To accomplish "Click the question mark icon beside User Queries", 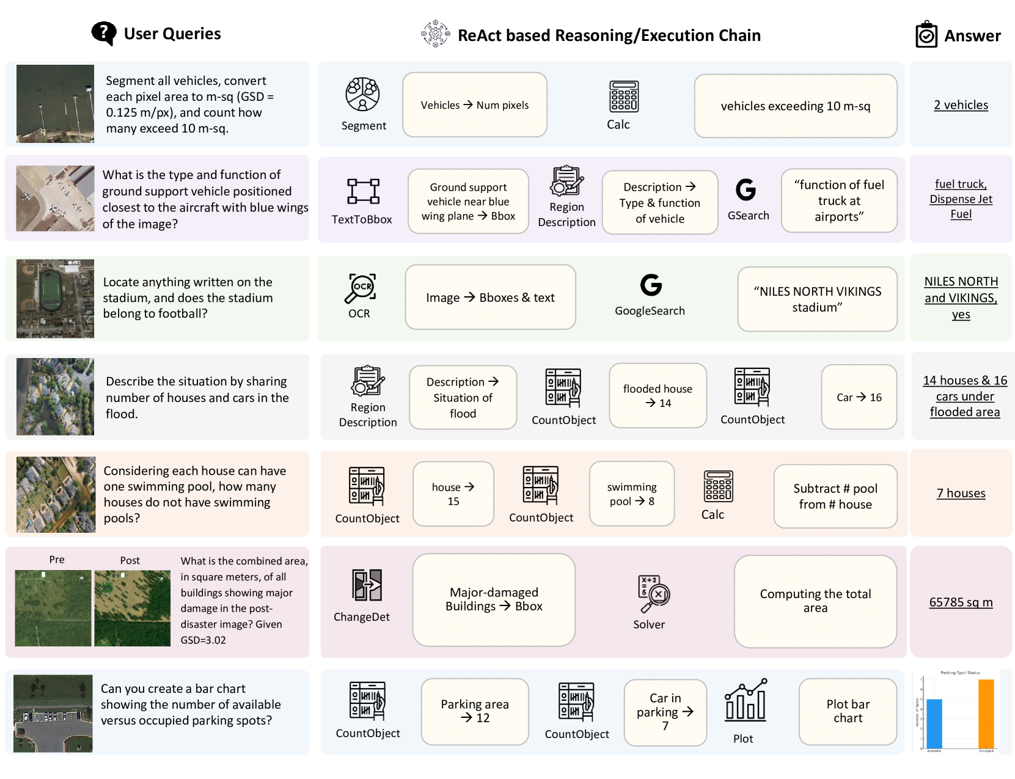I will pyautogui.click(x=104, y=34).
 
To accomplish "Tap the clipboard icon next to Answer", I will pyautogui.click(x=926, y=35).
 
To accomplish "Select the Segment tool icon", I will pyautogui.click(x=362, y=94).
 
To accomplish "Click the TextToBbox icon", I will pyautogui.click(x=363, y=191).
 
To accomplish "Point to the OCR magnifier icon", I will pyautogui.click(x=360, y=288).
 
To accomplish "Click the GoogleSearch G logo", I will pyautogui.click(x=651, y=285).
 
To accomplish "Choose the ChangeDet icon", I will pyautogui.click(x=367, y=585).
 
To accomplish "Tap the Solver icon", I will pyautogui.click(x=653, y=593).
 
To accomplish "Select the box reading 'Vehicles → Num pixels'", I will pyautogui.click(x=475, y=105).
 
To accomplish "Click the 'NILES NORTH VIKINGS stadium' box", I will pyautogui.click(x=817, y=299).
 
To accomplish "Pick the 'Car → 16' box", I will pyautogui.click(x=859, y=397).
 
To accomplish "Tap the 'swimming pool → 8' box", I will pyautogui.click(x=631, y=494).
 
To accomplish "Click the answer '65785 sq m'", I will pyautogui.click(x=961, y=602).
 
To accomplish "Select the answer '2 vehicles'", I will pyautogui.click(x=961, y=105).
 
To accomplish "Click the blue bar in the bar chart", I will pyautogui.click(x=934, y=723).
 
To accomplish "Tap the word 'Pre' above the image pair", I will pyautogui.click(x=57, y=560).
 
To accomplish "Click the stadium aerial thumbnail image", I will pyautogui.click(x=55, y=299).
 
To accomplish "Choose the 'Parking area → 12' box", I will pyautogui.click(x=475, y=711).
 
